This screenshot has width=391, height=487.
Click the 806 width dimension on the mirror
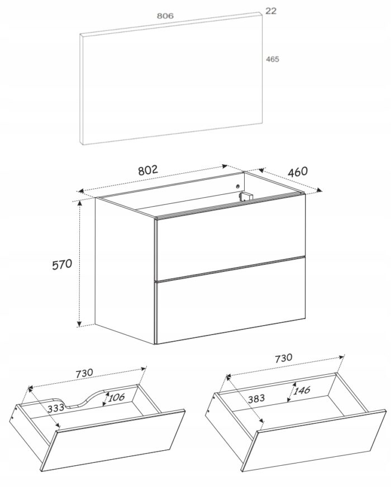tap(165, 16)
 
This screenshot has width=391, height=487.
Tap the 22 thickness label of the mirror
tap(270, 11)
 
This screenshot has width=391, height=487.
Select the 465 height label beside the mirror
tap(273, 59)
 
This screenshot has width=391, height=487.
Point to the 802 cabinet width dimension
tap(148, 170)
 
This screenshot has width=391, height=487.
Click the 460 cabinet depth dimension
tap(298, 172)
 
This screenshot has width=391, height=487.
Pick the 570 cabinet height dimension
tap(62, 264)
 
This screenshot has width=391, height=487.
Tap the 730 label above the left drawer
tap(84, 373)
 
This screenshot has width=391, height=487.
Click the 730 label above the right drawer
tap(284, 358)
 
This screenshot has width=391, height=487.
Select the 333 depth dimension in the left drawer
tap(56, 408)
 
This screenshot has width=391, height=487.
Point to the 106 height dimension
tap(116, 397)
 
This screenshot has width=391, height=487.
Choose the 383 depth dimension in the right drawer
tap(256, 398)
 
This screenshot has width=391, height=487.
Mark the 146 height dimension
tap(301, 390)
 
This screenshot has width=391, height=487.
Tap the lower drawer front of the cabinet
tap(231, 300)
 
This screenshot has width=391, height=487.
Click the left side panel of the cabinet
tap(125, 270)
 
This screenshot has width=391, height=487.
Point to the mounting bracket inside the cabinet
tap(246, 196)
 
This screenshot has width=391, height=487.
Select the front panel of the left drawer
tap(113, 441)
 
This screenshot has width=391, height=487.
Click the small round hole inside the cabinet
tap(237, 186)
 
